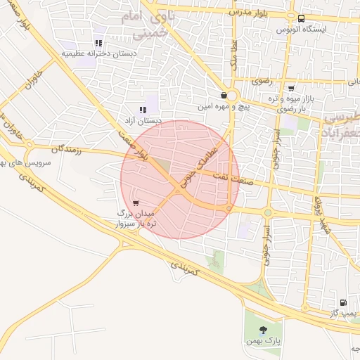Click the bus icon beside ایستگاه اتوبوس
(x=301, y=19)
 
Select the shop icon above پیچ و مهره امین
(x=224, y=96)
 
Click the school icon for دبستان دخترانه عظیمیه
(x=98, y=41)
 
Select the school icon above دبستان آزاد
(x=143, y=110)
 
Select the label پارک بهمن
(x=266, y=342)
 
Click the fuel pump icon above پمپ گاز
(x=343, y=302)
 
